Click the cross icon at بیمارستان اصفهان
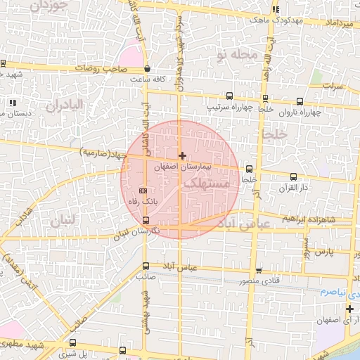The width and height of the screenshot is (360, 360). click(x=182, y=155)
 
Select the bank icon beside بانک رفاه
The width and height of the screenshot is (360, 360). click(x=143, y=190)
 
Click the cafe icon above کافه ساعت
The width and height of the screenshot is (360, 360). click(x=147, y=69)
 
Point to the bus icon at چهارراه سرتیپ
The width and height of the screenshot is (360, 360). click(x=229, y=96)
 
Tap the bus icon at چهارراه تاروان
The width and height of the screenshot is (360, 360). click(x=301, y=101)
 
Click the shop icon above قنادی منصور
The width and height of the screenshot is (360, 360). click(x=259, y=271)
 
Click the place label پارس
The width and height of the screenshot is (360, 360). click(x=323, y=251)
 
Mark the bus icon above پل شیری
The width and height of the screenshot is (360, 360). click(x=123, y=350)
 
